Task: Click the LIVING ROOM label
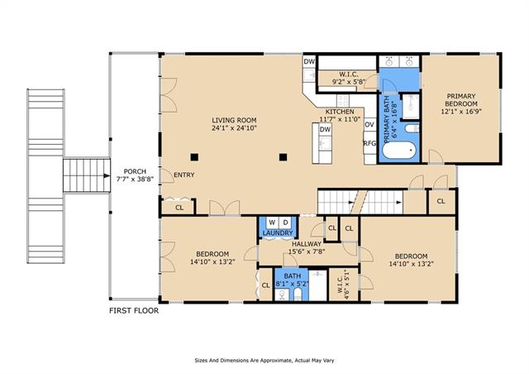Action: [x=234, y=120]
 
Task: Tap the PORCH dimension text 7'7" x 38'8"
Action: [x=135, y=179]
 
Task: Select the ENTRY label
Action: [x=183, y=175]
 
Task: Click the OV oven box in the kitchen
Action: [x=369, y=124]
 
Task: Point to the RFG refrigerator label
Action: [x=369, y=143]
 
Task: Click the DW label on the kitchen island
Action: [x=325, y=129]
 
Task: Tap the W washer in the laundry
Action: [x=272, y=223]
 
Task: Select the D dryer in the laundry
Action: [x=285, y=223]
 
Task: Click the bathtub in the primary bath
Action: [x=399, y=151]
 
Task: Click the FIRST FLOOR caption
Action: [x=134, y=310]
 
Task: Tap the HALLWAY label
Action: [x=307, y=244]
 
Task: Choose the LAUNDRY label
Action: [x=278, y=233]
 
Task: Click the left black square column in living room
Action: [x=194, y=157]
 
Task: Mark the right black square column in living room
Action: [x=283, y=157]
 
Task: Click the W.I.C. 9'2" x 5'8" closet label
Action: [x=349, y=78]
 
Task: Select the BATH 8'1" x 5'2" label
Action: [x=292, y=280]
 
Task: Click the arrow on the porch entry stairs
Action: [x=107, y=175]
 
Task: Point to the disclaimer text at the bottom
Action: [x=264, y=361]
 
